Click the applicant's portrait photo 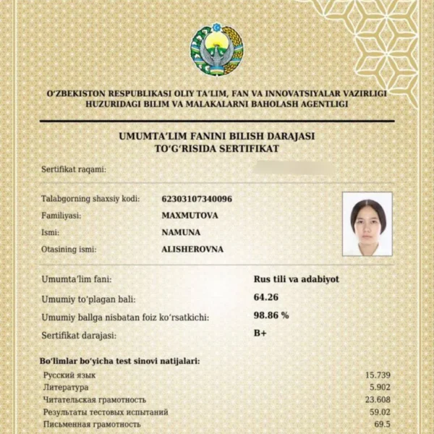tap(367, 224)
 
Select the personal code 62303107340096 tap(197, 199)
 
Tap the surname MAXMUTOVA tap(190, 216)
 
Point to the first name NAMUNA tap(181, 232)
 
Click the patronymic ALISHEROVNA tap(192, 250)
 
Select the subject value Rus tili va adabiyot tap(297, 278)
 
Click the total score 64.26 tap(266, 297)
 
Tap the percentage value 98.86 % tap(271, 315)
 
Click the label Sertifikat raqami tap(74, 169)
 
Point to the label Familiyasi tap(61, 216)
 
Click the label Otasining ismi tap(69, 250)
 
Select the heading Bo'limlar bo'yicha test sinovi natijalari tap(119, 360)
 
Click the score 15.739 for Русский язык tap(376, 375)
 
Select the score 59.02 tap(380, 412)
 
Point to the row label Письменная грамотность tap(91, 425)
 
